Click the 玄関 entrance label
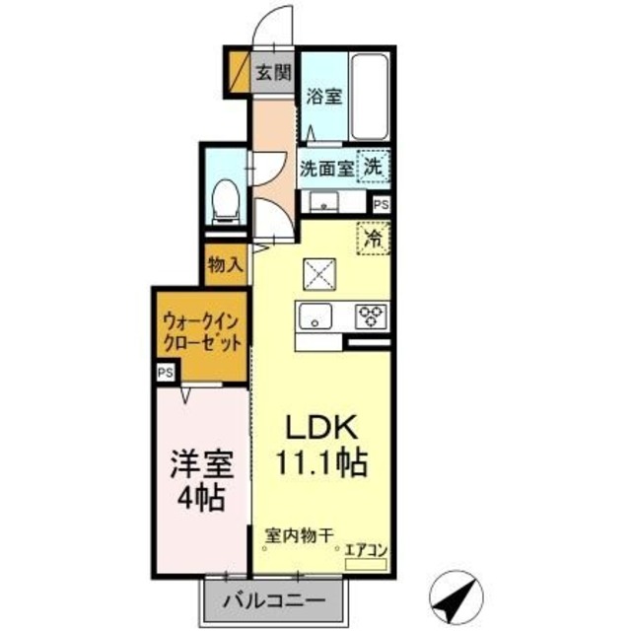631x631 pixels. tap(273, 71)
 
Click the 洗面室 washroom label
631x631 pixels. tap(326, 168)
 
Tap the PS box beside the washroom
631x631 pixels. tap(381, 204)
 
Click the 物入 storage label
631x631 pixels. tap(226, 264)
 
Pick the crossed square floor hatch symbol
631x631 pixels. tap(319, 273)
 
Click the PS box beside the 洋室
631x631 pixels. tap(165, 373)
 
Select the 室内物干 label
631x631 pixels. tap(298, 537)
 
